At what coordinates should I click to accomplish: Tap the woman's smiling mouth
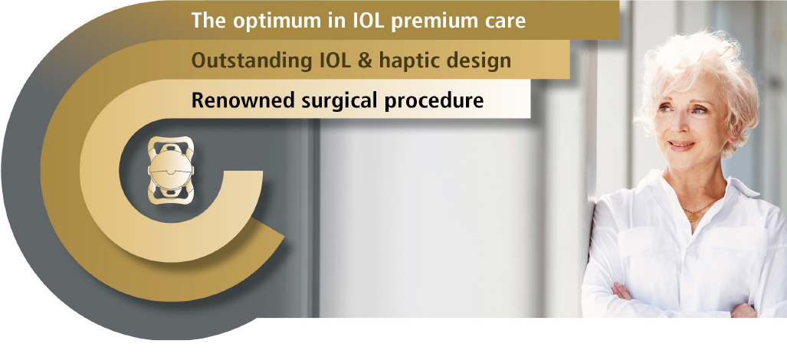[x=680, y=146]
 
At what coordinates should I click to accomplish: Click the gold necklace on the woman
[x=699, y=211]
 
